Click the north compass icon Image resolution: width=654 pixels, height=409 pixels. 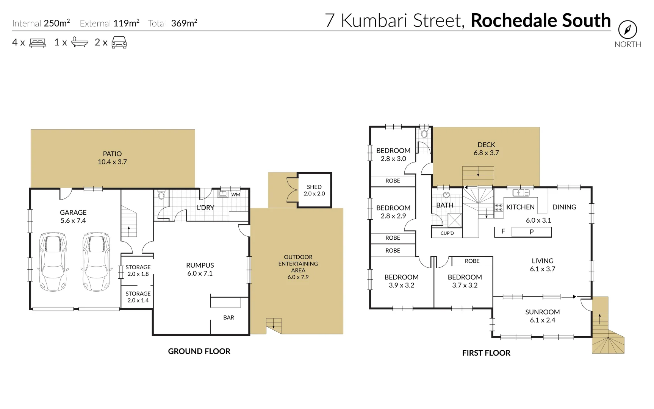click(627, 30)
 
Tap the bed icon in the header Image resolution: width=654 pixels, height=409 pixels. click(38, 42)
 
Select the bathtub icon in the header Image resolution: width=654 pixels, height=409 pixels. click(80, 42)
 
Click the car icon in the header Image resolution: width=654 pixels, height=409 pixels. click(119, 42)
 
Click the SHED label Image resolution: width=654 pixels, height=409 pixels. click(314, 187)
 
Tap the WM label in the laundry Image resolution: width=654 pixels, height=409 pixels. click(236, 195)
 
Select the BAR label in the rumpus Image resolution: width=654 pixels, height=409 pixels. click(228, 317)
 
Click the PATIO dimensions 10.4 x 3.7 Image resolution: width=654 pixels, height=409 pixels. click(112, 162)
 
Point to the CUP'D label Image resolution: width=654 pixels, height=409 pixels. click(447, 233)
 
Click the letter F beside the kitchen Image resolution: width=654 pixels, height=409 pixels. click(503, 231)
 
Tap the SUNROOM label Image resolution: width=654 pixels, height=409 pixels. click(542, 312)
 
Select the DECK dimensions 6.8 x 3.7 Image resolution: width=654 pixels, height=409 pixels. click(486, 153)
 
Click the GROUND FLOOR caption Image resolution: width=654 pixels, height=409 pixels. click(199, 351)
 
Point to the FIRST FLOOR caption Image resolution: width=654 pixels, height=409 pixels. click(486, 353)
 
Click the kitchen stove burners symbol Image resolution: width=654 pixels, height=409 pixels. click(499, 207)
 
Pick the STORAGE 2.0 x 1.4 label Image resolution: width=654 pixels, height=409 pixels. click(138, 297)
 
